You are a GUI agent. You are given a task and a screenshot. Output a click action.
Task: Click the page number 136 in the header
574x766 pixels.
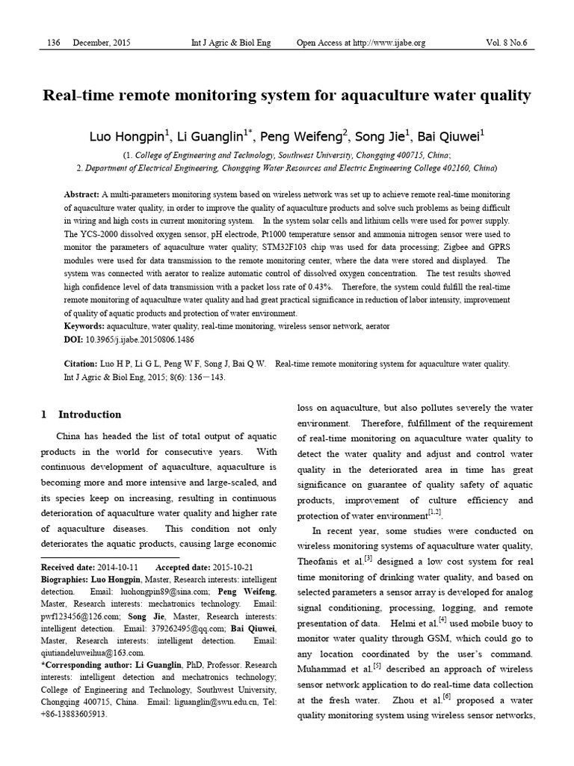(53, 43)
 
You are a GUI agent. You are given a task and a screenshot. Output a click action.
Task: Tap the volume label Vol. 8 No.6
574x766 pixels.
(506, 43)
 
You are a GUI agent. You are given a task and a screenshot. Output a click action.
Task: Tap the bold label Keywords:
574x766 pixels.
(84, 327)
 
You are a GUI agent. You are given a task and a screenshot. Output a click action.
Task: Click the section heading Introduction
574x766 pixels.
(90, 414)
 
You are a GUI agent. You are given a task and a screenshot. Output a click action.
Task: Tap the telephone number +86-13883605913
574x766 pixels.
(74, 714)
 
